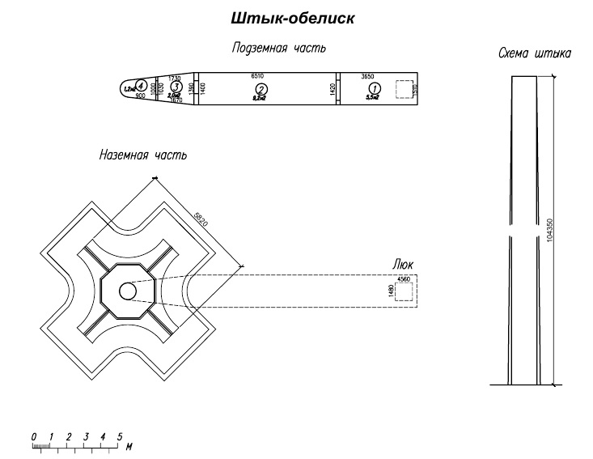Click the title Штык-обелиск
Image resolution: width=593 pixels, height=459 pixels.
[293, 18]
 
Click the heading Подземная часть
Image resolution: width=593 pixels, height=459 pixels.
[279, 48]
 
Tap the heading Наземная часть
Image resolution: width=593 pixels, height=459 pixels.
[143, 155]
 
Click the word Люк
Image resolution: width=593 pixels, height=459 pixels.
[403, 265]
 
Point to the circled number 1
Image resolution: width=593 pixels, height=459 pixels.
[373, 88]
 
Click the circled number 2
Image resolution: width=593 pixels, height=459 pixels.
[260, 88]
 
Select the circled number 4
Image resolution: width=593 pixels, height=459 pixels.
[141, 84]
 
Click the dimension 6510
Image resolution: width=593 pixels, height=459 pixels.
[259, 75]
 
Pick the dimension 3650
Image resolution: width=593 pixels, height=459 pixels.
[368, 75]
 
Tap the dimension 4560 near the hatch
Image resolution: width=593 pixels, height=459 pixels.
[402, 279]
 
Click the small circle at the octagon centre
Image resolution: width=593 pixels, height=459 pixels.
[127, 291]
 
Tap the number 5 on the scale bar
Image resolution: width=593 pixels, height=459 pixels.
[119, 437]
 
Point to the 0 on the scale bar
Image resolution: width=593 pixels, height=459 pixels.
[34, 437]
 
